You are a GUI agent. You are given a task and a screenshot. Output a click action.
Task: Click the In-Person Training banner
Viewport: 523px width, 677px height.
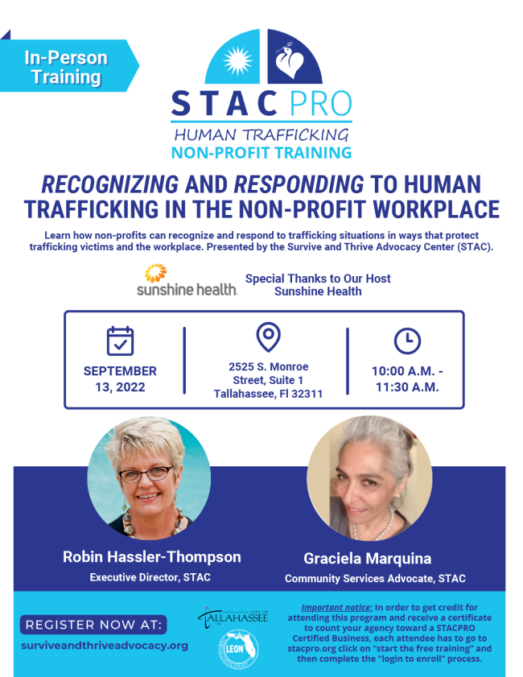tap(66, 68)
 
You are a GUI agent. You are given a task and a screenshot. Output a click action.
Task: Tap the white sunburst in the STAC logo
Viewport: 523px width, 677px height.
tap(238, 60)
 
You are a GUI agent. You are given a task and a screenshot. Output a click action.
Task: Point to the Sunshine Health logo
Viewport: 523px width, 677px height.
tap(187, 282)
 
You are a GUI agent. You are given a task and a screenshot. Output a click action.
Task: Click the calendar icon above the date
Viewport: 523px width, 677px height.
tap(120, 341)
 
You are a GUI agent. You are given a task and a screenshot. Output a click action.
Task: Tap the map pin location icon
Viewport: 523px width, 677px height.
tap(267, 336)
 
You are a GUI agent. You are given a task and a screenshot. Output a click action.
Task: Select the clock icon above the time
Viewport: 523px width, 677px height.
tap(407, 341)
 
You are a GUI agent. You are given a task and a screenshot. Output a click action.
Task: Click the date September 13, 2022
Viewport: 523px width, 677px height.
tap(120, 379)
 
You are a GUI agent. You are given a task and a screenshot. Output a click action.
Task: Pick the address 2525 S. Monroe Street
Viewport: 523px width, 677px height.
tap(268, 380)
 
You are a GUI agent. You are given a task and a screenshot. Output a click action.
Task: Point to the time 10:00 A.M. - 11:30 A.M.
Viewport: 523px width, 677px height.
tap(407, 379)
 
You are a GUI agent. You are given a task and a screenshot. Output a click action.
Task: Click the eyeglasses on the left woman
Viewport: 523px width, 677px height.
tap(146, 473)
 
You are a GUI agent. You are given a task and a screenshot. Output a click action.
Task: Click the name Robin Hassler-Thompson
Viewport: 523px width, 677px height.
tap(152, 557)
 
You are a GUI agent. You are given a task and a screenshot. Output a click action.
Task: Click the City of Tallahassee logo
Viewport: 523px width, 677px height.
tap(233, 618)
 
